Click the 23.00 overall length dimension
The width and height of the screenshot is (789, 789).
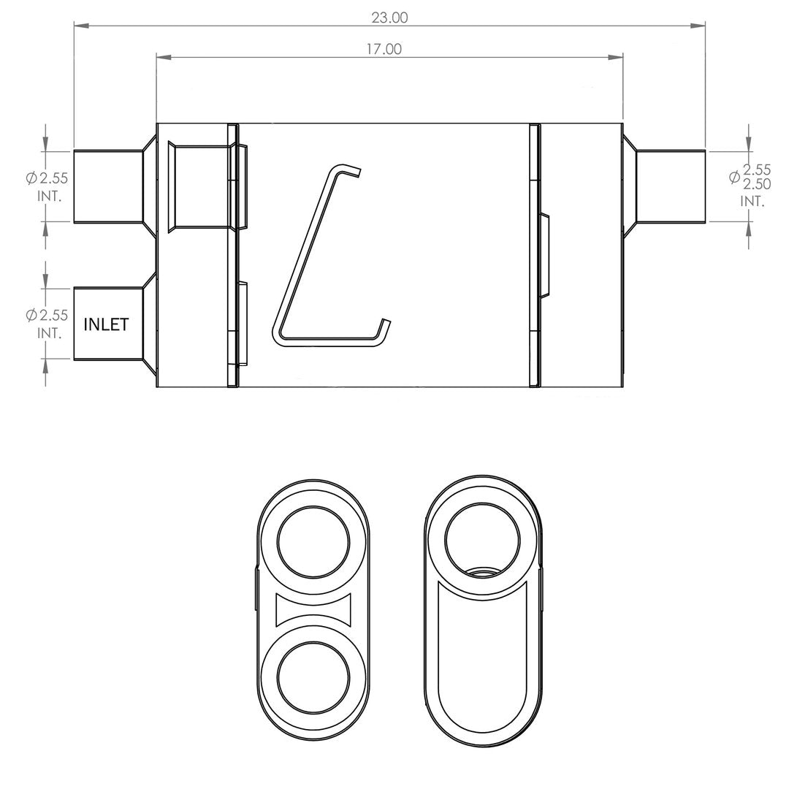point(389,18)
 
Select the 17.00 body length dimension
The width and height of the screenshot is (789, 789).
point(384,50)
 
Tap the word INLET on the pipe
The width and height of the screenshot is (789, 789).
point(106,324)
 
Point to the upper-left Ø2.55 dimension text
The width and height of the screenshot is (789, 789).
point(47,178)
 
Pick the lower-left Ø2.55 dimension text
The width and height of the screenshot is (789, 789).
point(47,316)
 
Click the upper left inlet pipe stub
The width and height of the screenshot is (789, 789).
point(108,186)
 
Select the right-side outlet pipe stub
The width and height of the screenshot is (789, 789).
point(671,186)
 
